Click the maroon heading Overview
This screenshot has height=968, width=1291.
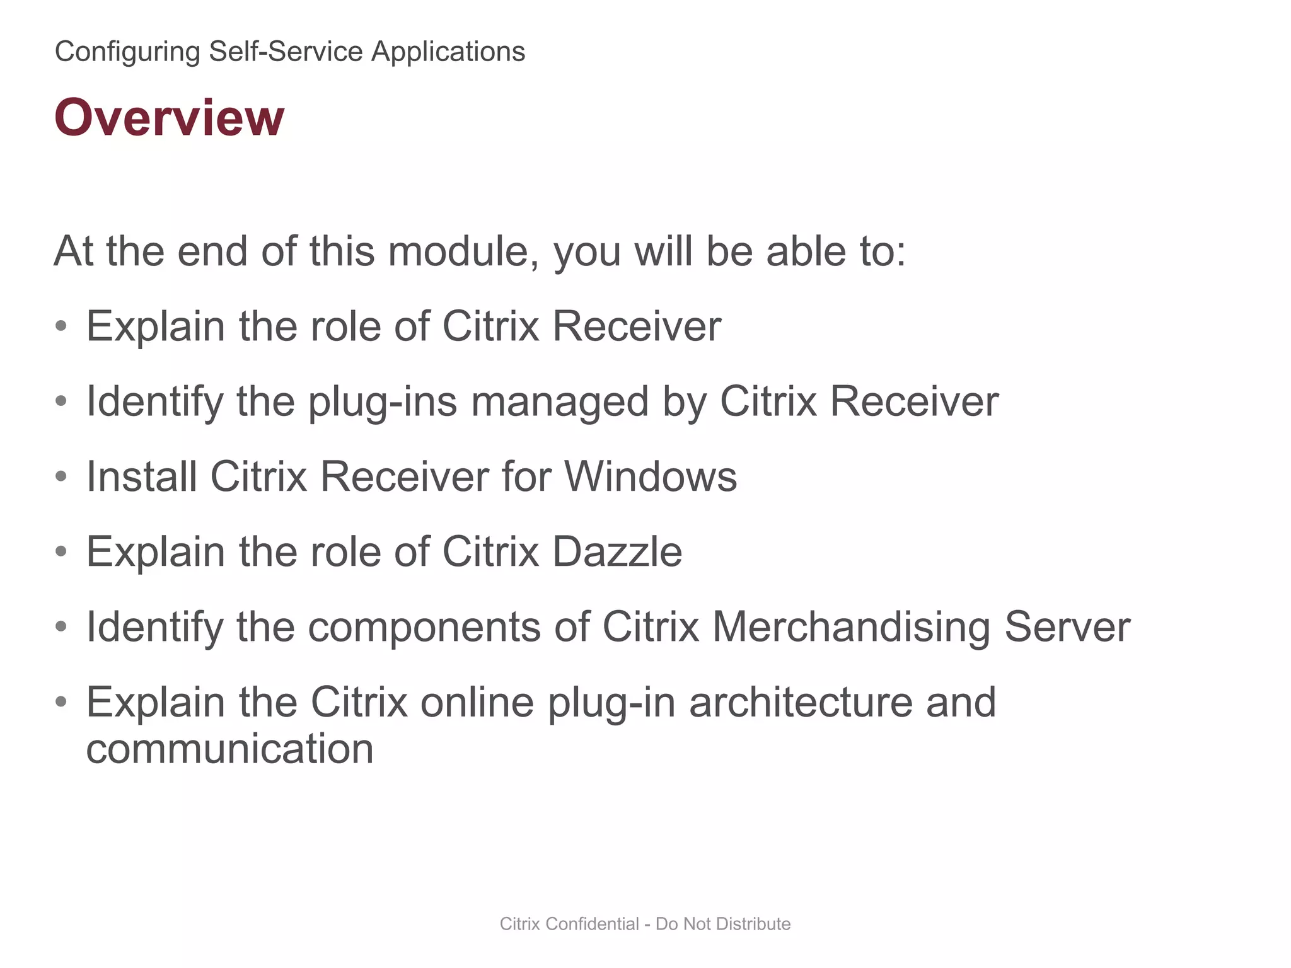[x=169, y=118]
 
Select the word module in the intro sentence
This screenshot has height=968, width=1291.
[x=463, y=251]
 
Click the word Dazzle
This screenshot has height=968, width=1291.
[x=617, y=552]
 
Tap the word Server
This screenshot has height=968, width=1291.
[x=1067, y=627]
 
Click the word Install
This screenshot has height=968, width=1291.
[x=141, y=476]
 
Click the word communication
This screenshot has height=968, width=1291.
[x=229, y=749]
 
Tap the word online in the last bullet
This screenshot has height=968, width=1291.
[x=477, y=702]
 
